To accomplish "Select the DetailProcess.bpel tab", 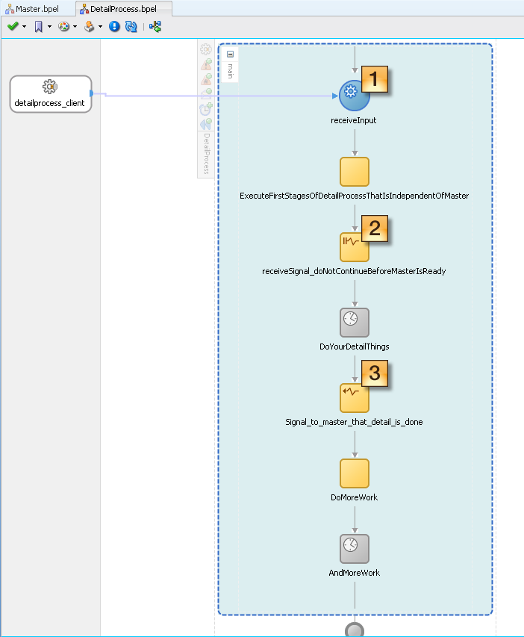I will point(122,9).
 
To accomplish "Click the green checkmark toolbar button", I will point(13,26).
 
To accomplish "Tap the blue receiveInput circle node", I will point(354,96).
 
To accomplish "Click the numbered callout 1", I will point(375,78).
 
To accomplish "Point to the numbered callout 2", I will point(375,228).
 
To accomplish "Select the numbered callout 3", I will point(375,374).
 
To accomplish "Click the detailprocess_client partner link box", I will point(50,94).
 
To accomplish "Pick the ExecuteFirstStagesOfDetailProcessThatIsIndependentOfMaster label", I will point(354,196).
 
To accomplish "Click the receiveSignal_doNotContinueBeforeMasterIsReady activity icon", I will point(354,247).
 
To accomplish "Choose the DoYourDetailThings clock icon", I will point(355,322).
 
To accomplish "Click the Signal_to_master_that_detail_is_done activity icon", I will point(354,397).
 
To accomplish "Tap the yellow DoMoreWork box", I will point(355,473).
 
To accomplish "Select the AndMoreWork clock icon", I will point(355,548).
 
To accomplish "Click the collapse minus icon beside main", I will point(230,55).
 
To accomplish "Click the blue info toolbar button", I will point(114,26).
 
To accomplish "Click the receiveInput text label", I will point(354,120).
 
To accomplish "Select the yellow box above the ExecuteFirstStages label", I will point(355,172).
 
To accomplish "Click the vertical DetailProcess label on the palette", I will point(207,154).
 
